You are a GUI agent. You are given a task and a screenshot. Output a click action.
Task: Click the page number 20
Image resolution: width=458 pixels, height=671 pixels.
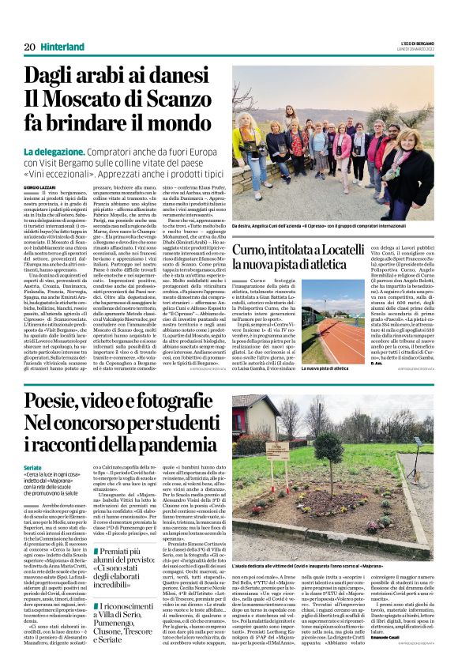coord(28,47)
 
